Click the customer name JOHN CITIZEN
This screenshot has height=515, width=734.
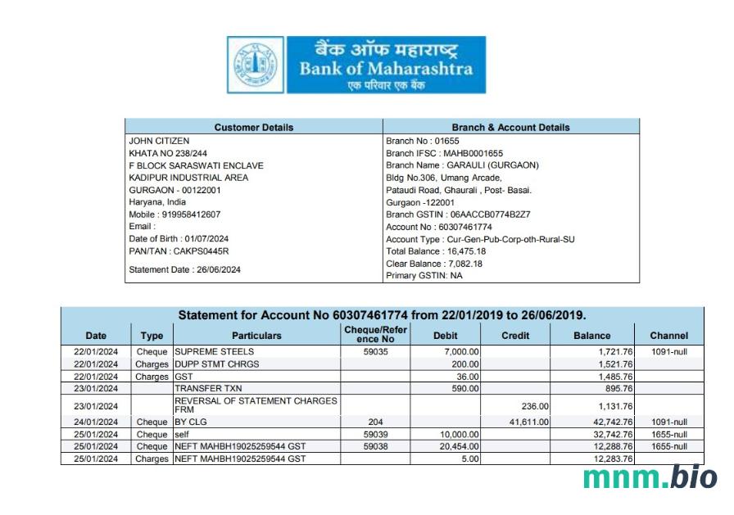point(159,141)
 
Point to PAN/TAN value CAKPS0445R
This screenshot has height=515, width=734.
point(200,251)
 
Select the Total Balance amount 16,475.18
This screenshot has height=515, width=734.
point(464,251)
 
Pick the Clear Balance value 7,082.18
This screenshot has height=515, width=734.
point(461,264)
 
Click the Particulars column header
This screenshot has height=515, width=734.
point(256,336)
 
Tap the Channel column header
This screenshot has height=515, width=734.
point(668,336)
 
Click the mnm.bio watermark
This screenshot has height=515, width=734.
point(650,477)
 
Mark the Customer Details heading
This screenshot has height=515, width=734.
point(253,128)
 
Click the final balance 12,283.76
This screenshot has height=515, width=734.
point(608,459)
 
